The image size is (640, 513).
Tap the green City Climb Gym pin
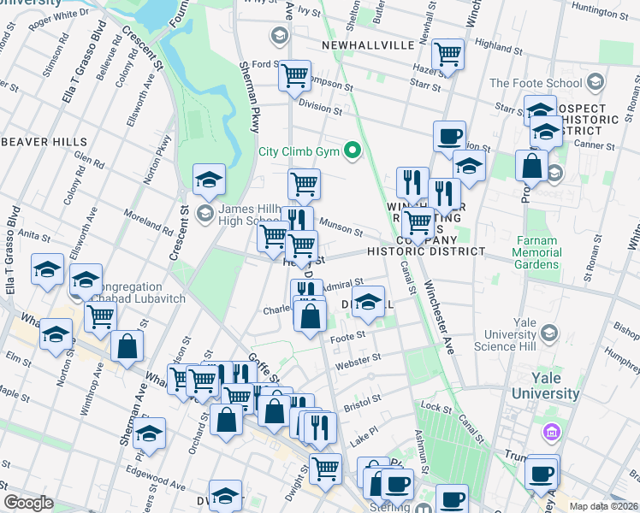(352, 153)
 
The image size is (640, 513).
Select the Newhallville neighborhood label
(368, 44)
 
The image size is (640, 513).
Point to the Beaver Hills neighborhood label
(43, 141)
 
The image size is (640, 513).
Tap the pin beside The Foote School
(595, 83)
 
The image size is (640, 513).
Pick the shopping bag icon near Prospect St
(532, 166)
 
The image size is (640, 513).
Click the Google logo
(28, 503)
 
